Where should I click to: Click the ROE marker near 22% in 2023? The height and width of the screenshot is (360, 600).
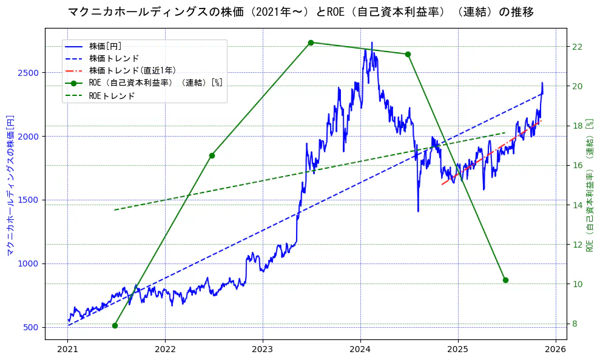(311, 42)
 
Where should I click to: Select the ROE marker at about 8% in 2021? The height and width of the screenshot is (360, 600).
(115, 325)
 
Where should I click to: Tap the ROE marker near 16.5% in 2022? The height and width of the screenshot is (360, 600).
(212, 155)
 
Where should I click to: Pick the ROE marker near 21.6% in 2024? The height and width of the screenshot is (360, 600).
(408, 54)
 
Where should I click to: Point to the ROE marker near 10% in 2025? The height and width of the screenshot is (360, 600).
(505, 280)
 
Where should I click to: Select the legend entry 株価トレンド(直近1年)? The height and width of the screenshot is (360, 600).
(132, 70)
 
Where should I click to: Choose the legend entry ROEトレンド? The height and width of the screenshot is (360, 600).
(112, 95)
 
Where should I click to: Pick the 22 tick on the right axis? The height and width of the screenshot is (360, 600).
(578, 47)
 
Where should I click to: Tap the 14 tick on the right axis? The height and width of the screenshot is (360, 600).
(578, 205)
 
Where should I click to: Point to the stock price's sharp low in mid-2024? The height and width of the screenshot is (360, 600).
(418, 210)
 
